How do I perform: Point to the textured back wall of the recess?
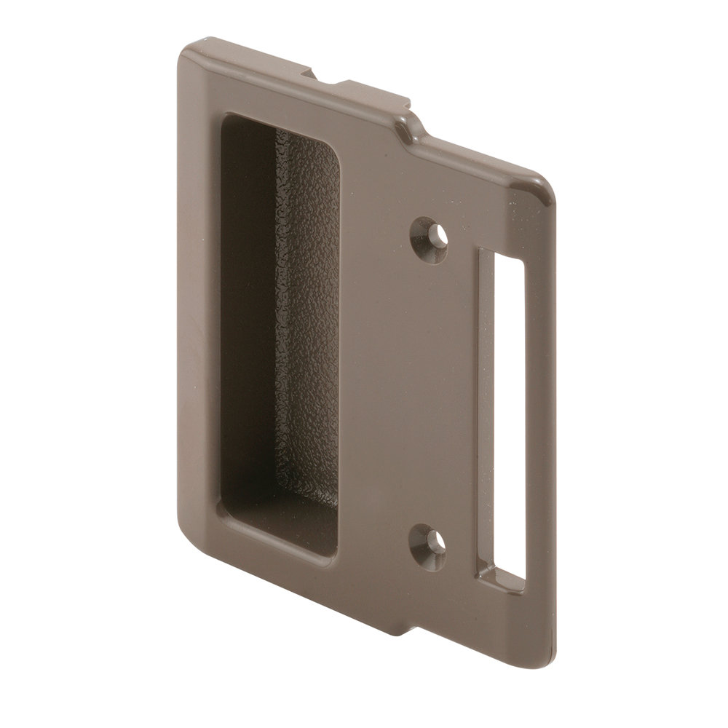tap(306, 328)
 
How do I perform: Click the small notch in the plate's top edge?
tap(320, 79)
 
